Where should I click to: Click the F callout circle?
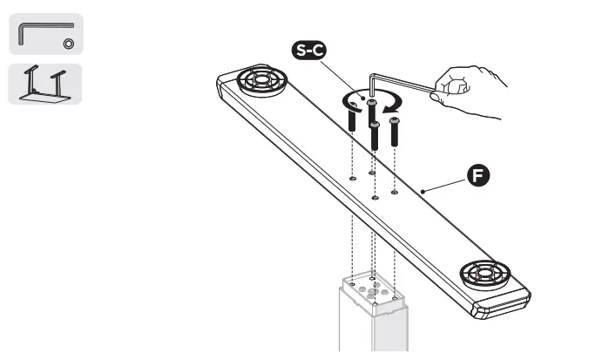477,175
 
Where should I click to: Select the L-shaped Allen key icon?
44,34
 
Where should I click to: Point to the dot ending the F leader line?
421,190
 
